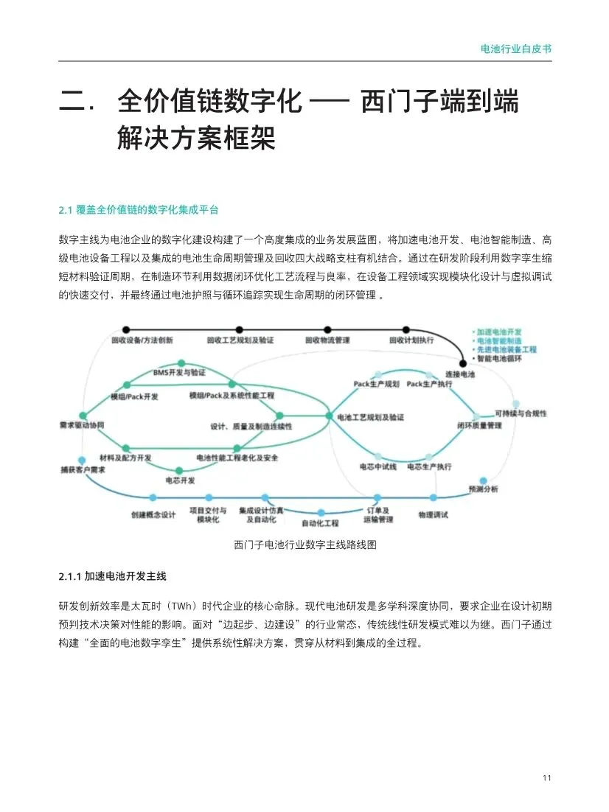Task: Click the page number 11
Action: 546,778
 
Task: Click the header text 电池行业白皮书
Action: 515,49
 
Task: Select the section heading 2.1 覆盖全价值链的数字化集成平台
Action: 139,210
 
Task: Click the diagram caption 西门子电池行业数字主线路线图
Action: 305,545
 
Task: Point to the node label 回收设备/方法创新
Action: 142,340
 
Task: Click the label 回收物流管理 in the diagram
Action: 327,340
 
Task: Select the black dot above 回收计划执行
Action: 406,329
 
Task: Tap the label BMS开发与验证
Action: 179,372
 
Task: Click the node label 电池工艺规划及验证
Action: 370,417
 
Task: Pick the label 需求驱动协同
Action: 82,426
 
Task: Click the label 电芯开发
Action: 180,480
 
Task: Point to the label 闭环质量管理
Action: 479,426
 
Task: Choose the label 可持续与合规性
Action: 521,413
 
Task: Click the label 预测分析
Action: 484,489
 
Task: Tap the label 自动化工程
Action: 320,523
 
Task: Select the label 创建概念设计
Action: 153,514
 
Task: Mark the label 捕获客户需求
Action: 83,469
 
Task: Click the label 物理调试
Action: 433,514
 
